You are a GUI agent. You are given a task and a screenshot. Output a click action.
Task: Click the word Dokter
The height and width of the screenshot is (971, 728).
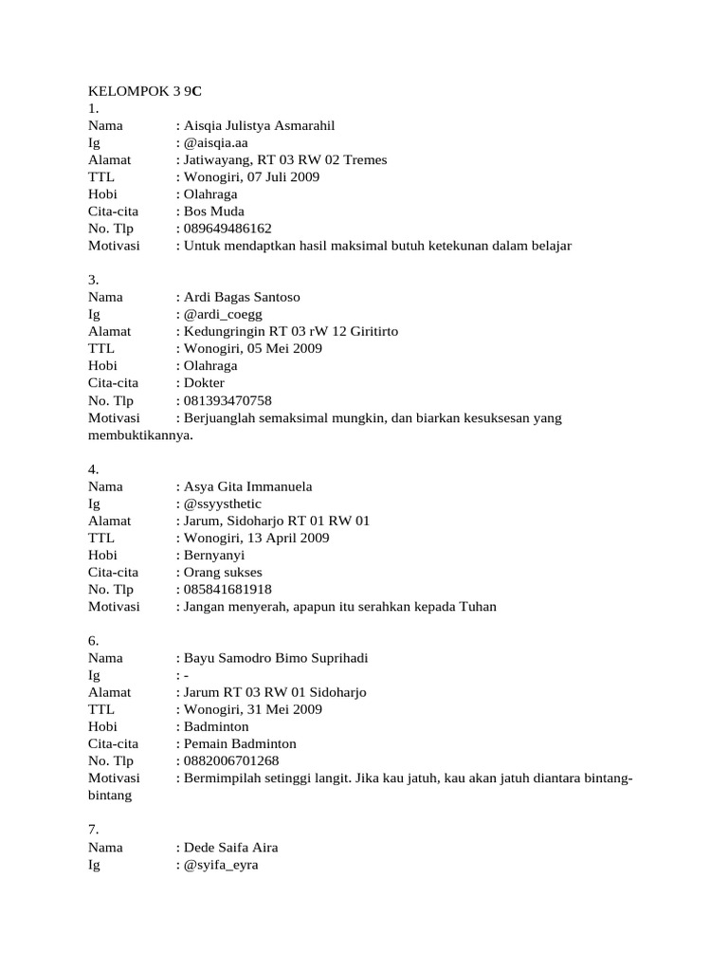click(206, 383)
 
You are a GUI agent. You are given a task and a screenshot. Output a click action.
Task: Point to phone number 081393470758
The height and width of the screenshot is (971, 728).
click(227, 400)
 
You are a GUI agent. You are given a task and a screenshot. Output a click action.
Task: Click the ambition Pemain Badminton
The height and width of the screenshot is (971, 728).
click(240, 744)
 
